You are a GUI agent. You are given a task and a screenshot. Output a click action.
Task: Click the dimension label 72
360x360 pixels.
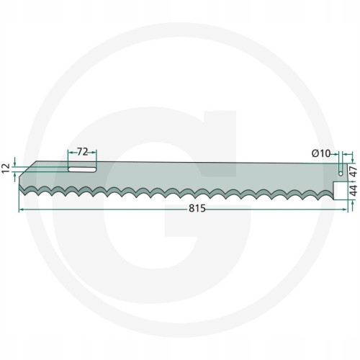click(82, 152)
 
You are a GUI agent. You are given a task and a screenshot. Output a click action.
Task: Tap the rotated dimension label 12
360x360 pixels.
click(6, 168)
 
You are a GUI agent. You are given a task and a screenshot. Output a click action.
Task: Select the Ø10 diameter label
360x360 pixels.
click(321, 153)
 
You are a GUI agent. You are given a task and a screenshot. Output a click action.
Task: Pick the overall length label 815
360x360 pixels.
click(197, 209)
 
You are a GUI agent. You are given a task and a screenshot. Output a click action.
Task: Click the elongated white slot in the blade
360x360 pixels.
click(82, 169)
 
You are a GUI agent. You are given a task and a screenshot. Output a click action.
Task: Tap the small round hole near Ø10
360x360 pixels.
click(341, 174)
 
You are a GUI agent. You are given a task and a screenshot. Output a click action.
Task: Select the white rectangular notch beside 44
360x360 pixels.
click(341, 191)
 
